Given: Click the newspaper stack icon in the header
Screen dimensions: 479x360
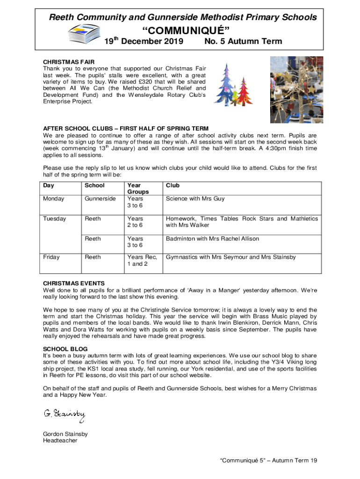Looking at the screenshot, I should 84,33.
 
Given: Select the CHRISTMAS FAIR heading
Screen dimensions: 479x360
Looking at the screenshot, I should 69,62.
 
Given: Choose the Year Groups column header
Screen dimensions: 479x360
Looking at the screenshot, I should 138,189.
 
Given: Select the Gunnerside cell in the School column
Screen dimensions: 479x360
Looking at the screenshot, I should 100,199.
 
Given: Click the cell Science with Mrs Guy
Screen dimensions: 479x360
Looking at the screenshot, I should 195,199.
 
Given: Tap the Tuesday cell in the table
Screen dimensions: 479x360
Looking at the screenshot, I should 55,219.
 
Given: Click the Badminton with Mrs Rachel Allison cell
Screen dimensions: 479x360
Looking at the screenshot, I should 212,239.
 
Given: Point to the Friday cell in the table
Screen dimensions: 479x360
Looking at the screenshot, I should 51,257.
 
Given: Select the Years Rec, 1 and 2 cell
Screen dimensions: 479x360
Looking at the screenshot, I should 142,261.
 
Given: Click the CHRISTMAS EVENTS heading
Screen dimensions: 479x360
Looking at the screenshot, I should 74,283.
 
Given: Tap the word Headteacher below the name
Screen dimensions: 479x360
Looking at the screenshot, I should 60,441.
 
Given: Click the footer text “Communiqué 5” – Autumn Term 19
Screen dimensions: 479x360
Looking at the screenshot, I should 269,461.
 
